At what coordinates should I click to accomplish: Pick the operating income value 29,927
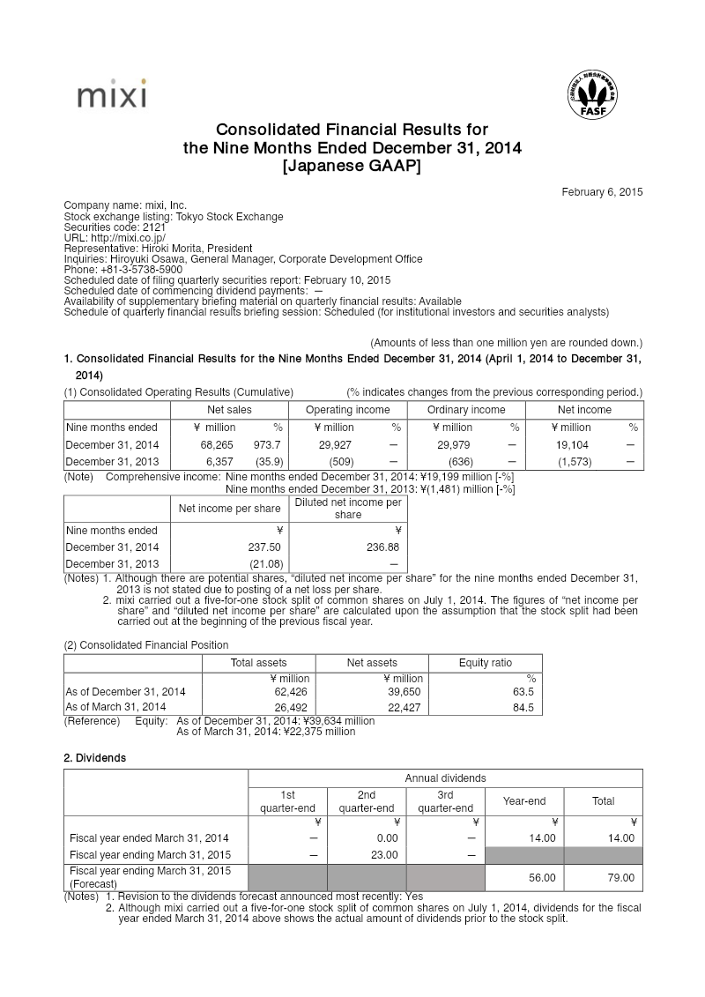(335, 445)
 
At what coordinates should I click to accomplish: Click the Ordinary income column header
(466, 410)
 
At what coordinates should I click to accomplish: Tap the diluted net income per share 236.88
(385, 547)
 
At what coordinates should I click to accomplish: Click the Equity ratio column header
(485, 663)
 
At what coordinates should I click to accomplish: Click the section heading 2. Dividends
(95, 757)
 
